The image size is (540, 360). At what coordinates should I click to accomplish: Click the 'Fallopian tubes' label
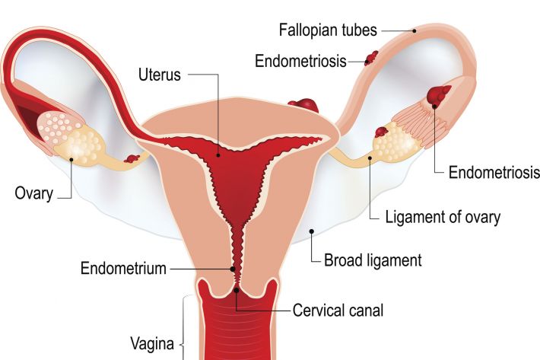tap(328, 30)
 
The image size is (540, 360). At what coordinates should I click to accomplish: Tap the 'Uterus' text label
tap(160, 75)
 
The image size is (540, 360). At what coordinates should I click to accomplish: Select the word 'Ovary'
tap(34, 193)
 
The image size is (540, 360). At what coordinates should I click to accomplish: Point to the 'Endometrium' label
tap(123, 269)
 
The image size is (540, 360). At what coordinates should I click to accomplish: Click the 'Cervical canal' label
tap(338, 311)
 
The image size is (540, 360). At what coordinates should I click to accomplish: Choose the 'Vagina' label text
tap(152, 344)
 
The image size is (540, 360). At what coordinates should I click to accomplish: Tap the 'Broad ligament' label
tap(373, 260)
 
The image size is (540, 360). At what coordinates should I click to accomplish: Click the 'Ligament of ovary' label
tap(443, 217)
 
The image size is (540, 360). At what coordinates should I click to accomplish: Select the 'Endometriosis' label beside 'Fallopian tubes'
tap(300, 62)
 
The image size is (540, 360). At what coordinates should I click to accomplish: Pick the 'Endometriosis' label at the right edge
tap(494, 172)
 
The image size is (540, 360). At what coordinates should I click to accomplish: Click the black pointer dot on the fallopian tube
tap(415, 30)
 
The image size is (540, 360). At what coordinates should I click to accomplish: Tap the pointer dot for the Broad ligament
tap(312, 231)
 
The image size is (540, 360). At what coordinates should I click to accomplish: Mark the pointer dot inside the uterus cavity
tap(218, 155)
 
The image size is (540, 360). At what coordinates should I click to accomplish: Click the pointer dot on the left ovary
tap(71, 160)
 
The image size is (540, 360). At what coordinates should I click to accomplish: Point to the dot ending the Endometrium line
tap(233, 269)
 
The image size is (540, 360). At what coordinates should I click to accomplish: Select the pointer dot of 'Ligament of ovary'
tap(370, 158)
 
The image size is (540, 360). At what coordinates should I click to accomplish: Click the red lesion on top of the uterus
tap(303, 105)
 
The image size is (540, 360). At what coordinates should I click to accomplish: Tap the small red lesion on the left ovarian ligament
tap(132, 159)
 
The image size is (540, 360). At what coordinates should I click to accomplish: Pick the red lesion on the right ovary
tap(381, 132)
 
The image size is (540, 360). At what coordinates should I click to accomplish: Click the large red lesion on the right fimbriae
tap(438, 94)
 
